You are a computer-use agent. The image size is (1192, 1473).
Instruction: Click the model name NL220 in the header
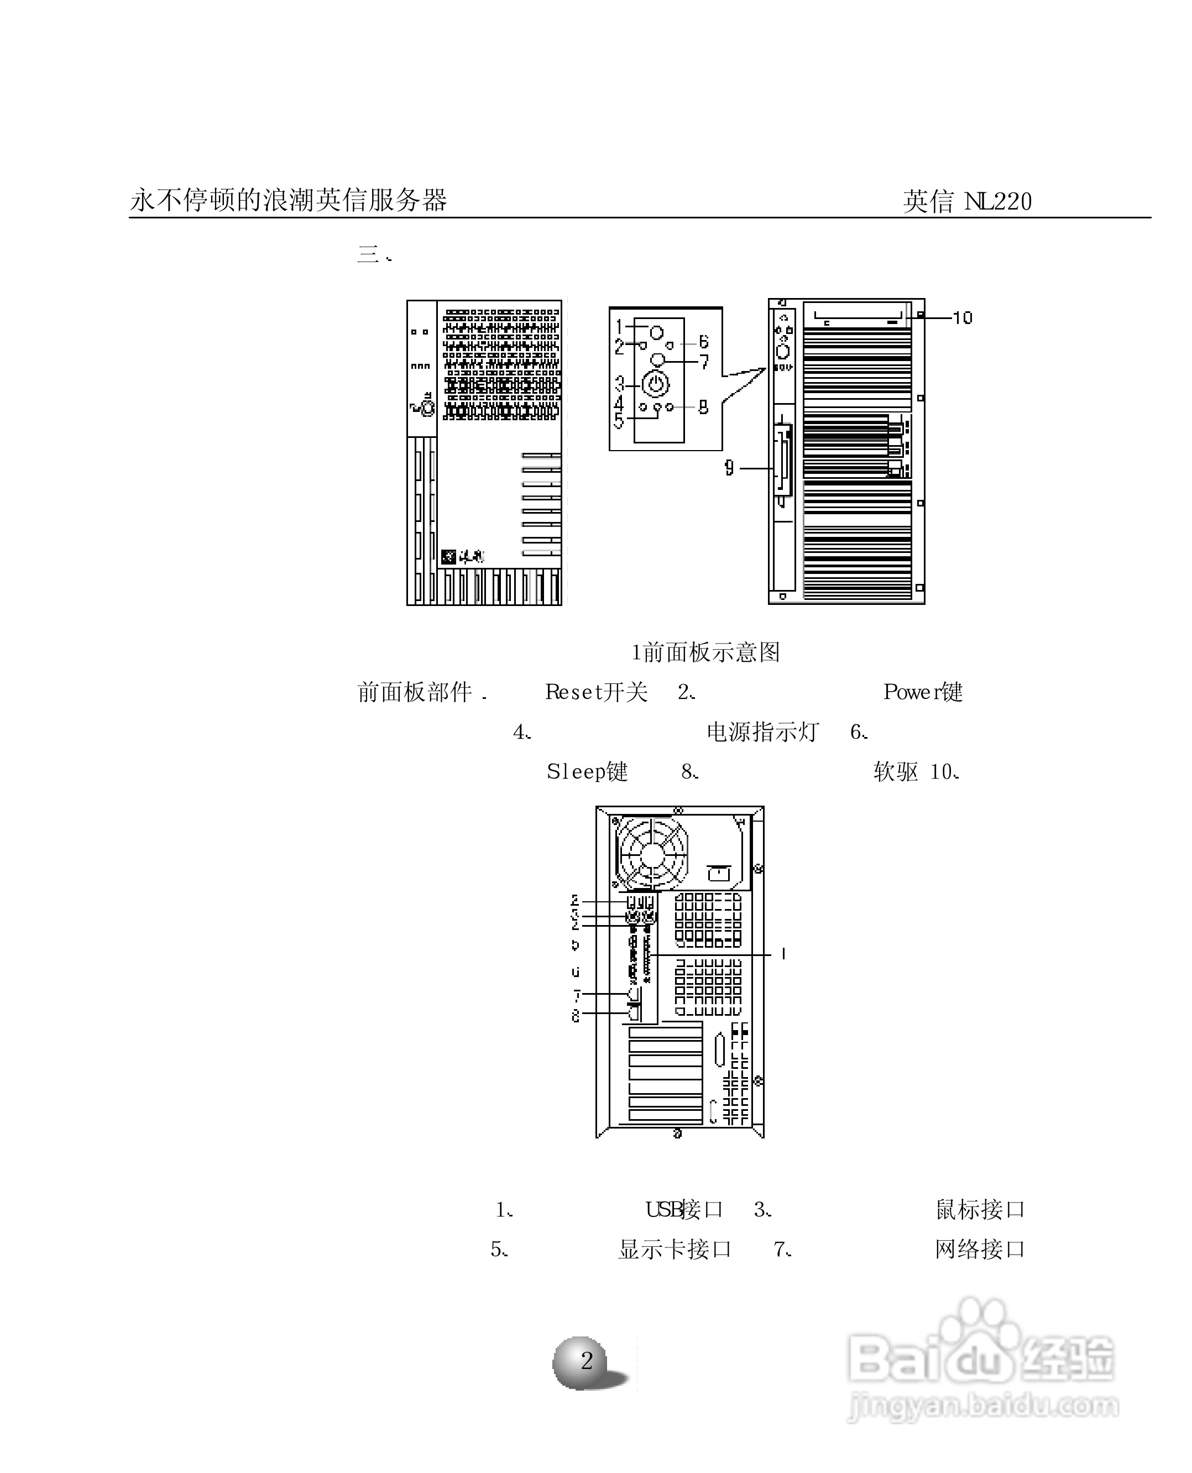[x=998, y=201]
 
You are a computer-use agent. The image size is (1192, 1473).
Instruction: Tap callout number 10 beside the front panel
[x=963, y=318]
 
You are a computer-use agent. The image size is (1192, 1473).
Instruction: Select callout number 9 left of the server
[x=729, y=468]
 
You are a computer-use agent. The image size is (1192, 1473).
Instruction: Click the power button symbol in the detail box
[x=656, y=384]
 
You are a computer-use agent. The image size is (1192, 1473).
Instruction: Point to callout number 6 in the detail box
[x=703, y=342]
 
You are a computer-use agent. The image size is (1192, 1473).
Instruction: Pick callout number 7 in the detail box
[x=704, y=361]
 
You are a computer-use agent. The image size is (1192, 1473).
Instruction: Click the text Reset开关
[x=596, y=692]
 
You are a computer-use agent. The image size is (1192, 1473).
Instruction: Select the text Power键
[x=922, y=692]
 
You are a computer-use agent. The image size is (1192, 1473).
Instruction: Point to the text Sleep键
[x=587, y=772]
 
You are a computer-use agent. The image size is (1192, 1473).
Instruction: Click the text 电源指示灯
[x=762, y=732]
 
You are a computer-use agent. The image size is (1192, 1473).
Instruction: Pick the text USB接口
[x=684, y=1209]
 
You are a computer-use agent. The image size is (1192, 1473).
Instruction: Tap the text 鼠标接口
[x=980, y=1209]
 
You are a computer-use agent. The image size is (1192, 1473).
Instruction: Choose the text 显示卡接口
[x=675, y=1249]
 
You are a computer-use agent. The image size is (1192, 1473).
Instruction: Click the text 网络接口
[x=980, y=1249]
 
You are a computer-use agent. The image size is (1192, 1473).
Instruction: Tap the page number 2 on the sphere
[x=587, y=1360]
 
